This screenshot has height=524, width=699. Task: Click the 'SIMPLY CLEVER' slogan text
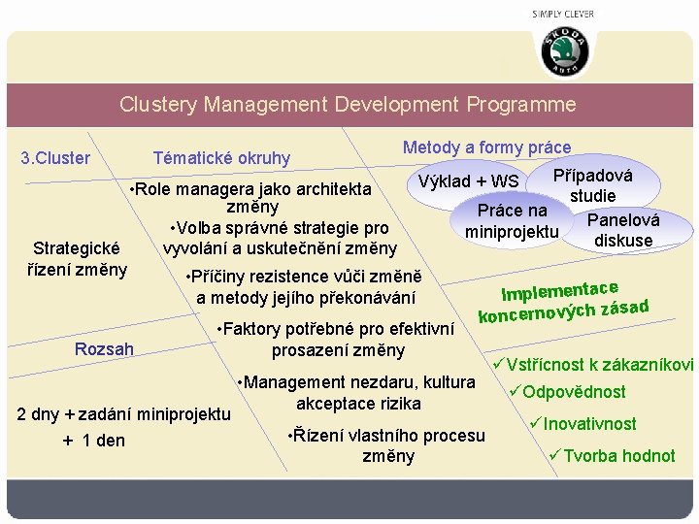click(x=563, y=14)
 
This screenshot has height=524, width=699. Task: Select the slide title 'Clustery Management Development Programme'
click(x=348, y=104)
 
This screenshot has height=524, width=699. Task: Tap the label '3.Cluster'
click(x=55, y=158)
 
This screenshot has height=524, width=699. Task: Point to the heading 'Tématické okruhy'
click(x=222, y=158)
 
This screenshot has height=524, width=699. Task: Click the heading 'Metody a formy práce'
click(x=486, y=147)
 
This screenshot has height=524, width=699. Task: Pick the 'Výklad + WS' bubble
click(x=468, y=181)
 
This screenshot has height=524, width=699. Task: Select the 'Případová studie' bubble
click(x=592, y=185)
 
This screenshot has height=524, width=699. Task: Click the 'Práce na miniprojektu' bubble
click(x=512, y=220)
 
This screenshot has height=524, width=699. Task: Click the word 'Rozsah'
click(x=104, y=348)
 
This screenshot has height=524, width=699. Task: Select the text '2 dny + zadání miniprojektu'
click(x=124, y=414)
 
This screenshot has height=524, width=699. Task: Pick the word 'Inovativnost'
click(x=590, y=424)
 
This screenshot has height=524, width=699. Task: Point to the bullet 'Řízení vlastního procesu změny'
click(x=386, y=445)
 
